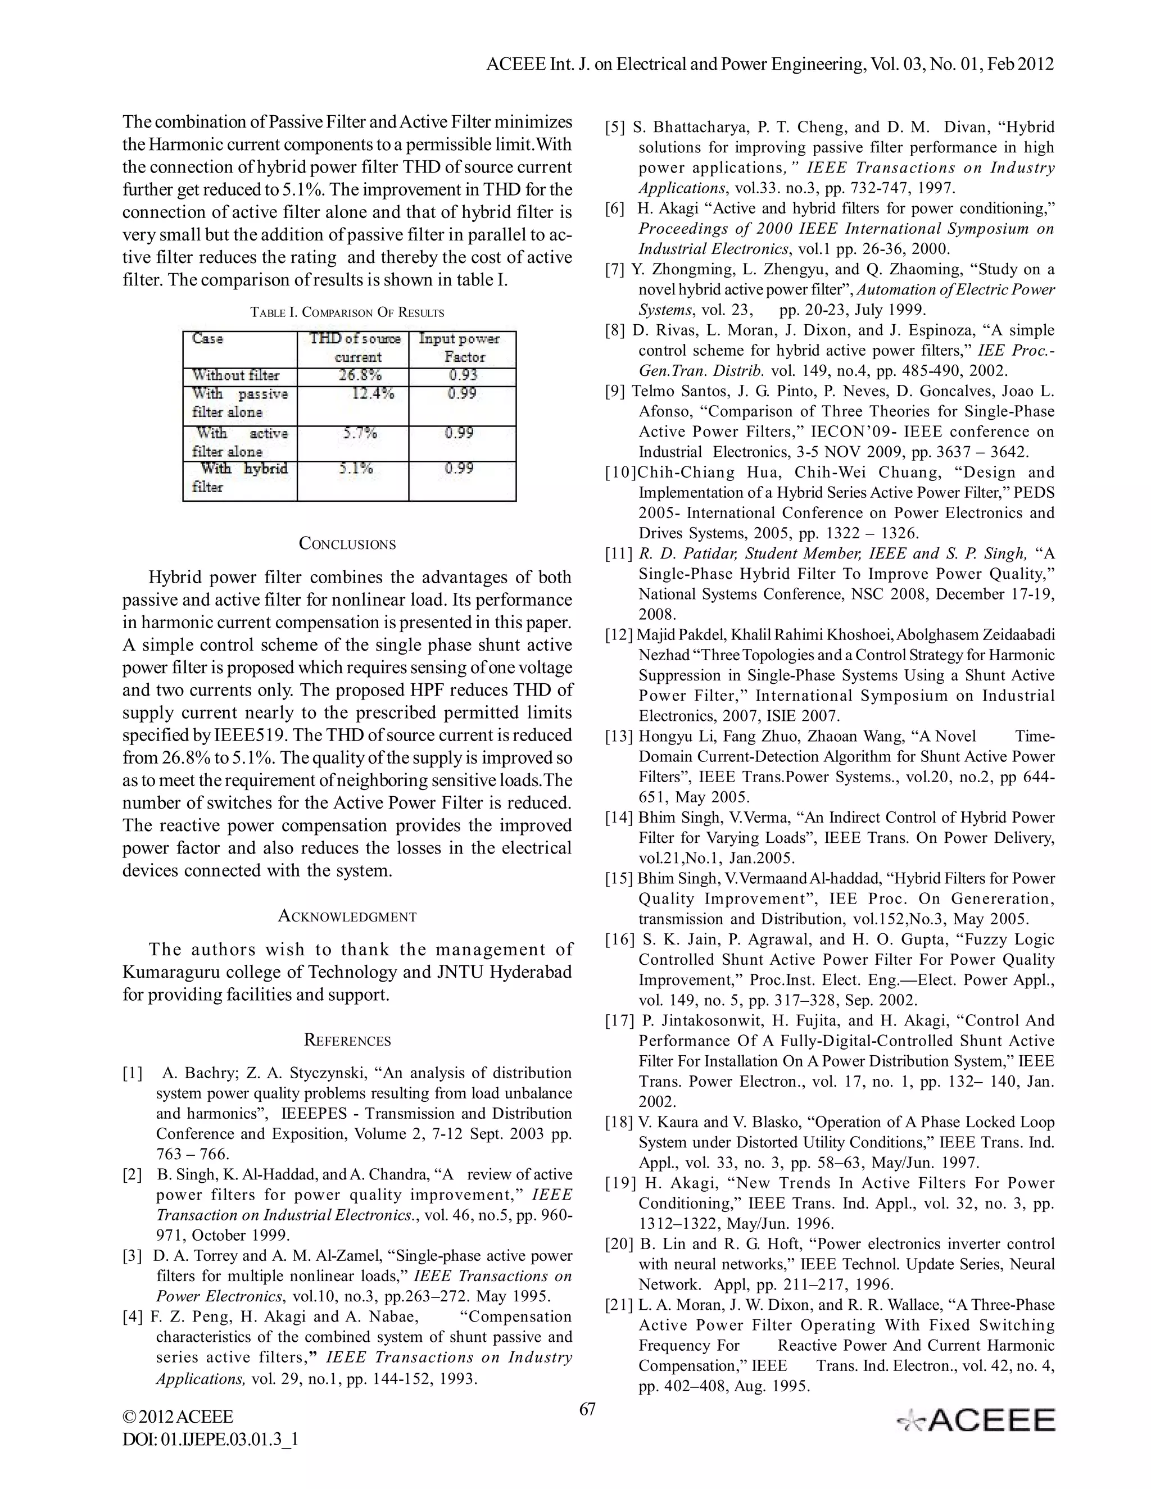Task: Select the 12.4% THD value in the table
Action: coord(372,394)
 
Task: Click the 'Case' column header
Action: coord(207,339)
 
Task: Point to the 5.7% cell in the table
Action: coord(358,434)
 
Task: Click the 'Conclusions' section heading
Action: coord(347,543)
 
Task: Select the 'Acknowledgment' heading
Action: coord(347,916)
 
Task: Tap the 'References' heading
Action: coord(347,1039)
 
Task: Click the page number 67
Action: coord(587,1409)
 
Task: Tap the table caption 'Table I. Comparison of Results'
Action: coord(347,313)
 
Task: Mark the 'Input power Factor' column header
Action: coord(460,348)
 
